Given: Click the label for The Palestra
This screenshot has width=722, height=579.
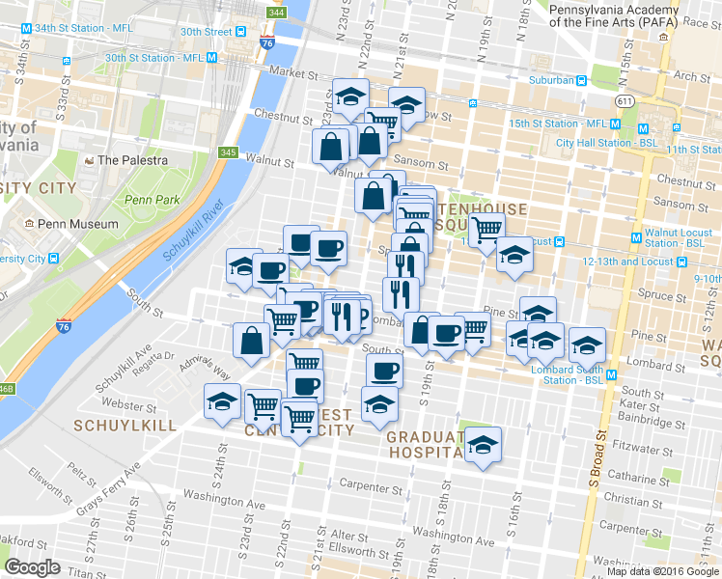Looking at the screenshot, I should click(x=132, y=160).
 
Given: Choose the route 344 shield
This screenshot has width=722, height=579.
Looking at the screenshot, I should click(x=277, y=13).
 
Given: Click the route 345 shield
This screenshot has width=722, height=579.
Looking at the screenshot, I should click(x=228, y=152).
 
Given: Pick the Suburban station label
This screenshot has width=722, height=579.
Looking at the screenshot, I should click(x=555, y=81).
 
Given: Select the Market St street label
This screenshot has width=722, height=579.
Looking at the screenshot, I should click(x=293, y=72).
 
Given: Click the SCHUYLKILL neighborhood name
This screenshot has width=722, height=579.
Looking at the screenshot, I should click(x=126, y=425).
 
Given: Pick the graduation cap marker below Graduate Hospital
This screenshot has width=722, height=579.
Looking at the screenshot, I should click(x=483, y=446).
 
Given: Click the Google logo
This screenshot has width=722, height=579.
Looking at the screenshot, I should click(x=32, y=567).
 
